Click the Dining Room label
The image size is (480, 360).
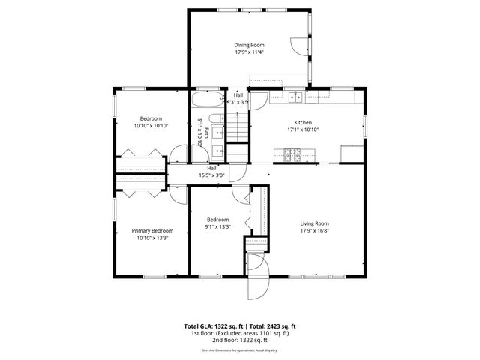tap(248, 45)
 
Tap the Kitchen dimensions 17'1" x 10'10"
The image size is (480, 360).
tap(303, 130)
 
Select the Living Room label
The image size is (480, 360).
tap(315, 223)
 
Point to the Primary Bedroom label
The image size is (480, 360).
tap(152, 230)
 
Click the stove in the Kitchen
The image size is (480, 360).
tap(291, 154)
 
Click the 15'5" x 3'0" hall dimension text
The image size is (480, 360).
tap(211, 175)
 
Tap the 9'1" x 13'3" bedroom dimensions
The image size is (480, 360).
tap(217, 227)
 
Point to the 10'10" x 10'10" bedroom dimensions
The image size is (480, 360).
tap(151, 126)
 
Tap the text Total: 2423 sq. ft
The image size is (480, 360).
tap(272, 326)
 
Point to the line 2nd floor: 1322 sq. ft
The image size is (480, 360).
tap(240, 340)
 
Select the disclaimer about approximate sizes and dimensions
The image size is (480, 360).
tap(240, 349)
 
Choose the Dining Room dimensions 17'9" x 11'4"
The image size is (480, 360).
tap(249, 52)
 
